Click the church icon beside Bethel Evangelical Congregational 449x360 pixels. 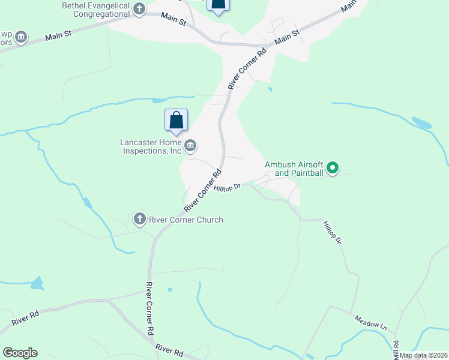coord(139,8)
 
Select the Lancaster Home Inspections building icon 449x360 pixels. coord(190,145)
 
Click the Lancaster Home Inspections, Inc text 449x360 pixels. coord(150,146)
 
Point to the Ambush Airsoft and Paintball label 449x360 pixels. coord(294,169)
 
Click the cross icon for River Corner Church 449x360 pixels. coord(139,219)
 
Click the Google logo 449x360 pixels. coord(20,353)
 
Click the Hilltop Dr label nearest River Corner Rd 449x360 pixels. coord(227,188)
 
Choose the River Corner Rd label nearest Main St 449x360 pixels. coord(247,69)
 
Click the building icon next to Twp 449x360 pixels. coord(21,38)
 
